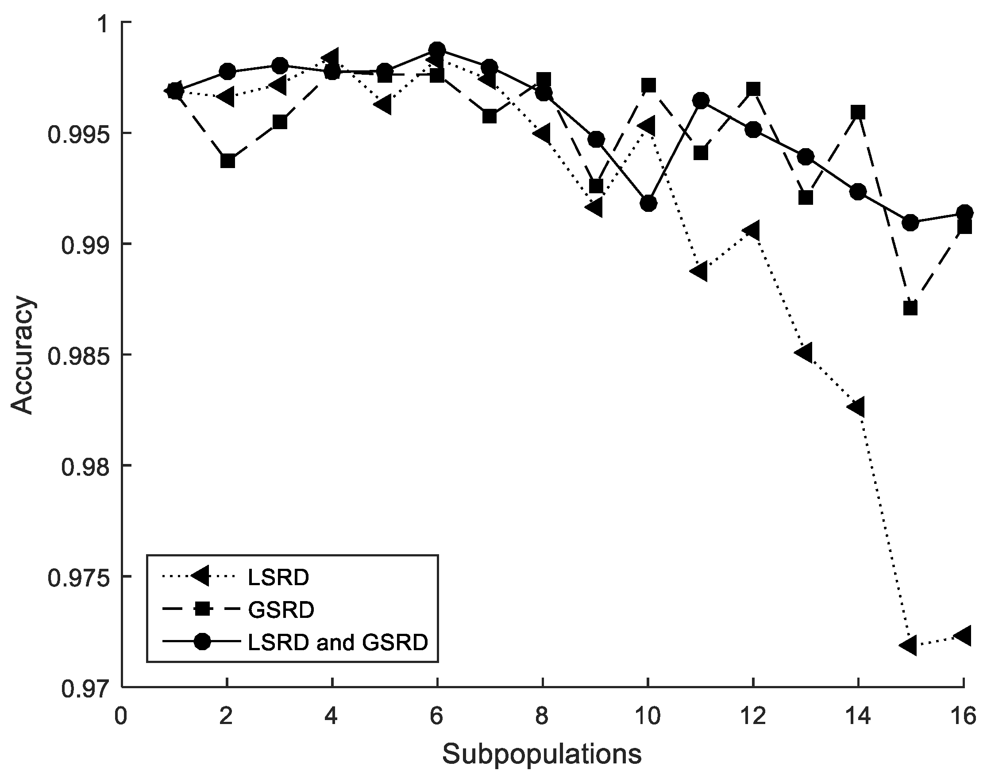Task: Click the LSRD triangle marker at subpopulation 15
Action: pyautogui.click(x=909, y=645)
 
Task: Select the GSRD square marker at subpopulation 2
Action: pyautogui.click(x=227, y=161)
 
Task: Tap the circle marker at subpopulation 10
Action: pyautogui.click(x=648, y=203)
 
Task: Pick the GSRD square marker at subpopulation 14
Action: pyautogui.click(x=859, y=112)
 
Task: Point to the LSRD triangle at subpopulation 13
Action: pyautogui.click(x=804, y=353)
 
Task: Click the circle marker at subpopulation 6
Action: pyautogui.click(x=437, y=50)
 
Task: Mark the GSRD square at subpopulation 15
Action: pyautogui.click(x=910, y=308)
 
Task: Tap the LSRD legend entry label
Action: pyautogui.click(x=278, y=578)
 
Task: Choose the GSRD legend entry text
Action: pyautogui.click(x=281, y=610)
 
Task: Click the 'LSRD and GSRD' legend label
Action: pyautogui.click(x=338, y=642)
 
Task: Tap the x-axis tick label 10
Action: pyautogui.click(x=648, y=717)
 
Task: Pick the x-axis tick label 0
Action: pyautogui.click(x=121, y=717)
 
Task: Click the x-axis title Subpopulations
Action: pyautogui.click(x=542, y=754)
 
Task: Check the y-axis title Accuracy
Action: pyautogui.click(x=22, y=355)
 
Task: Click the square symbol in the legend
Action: pyautogui.click(x=202, y=609)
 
